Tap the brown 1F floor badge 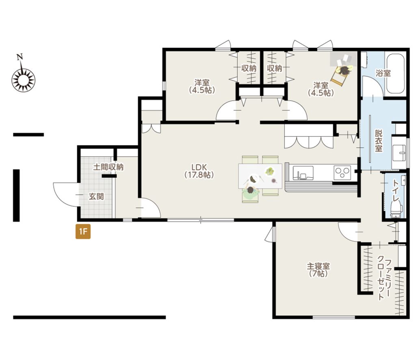point(83,231)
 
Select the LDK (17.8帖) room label point(199,171)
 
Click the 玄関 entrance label point(96,196)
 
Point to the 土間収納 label point(108,167)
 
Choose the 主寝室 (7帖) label point(318,269)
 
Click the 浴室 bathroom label point(383,73)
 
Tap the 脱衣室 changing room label point(379,140)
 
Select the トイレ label point(396,191)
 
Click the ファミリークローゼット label point(384,280)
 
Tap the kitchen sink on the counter point(303,172)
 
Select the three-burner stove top point(342,172)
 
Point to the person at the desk point(344,71)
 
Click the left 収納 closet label point(249,69)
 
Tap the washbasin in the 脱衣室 point(399,153)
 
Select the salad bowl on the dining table point(270,172)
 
